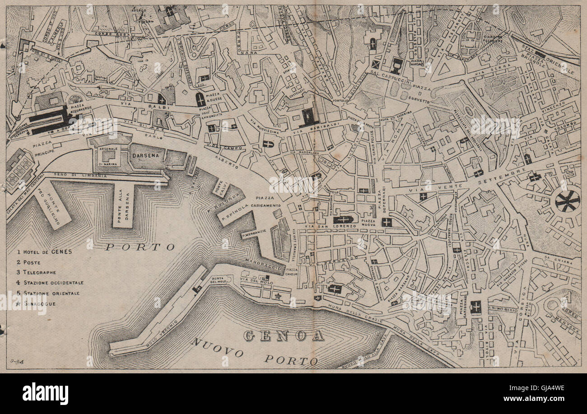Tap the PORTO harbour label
(140, 247)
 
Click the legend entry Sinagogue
(41, 303)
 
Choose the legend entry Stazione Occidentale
(50, 283)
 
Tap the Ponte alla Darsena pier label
(123, 206)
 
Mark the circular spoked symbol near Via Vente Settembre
(567, 200)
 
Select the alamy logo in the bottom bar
(45, 394)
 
